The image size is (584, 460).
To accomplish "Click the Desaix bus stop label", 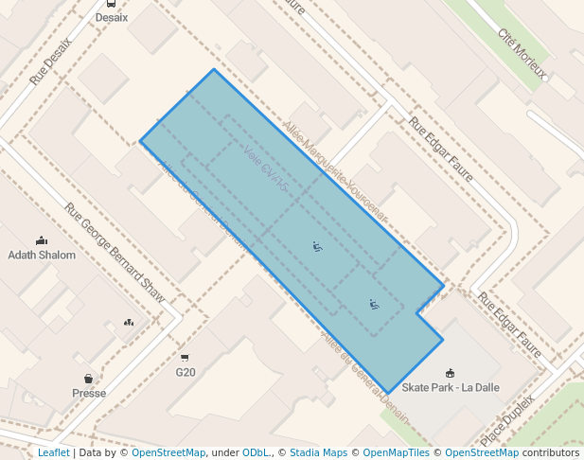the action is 112,17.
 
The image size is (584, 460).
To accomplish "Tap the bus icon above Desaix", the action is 112,4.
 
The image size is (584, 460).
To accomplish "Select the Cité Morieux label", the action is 523,47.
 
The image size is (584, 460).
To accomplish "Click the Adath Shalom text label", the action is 41,255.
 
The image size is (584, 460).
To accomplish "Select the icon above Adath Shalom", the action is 41,240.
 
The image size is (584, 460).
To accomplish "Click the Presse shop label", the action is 89,393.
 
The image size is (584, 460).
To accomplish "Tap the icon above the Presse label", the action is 88,379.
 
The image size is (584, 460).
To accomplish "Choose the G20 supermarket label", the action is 186,372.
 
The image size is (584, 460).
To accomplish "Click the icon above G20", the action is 185,358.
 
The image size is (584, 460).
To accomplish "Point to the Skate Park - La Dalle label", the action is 449,387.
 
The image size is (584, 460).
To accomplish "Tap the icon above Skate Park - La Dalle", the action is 449,373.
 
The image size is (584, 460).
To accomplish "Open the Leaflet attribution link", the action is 53,452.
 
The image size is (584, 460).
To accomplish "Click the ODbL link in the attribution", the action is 256,452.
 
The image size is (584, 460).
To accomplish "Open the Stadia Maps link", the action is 318,452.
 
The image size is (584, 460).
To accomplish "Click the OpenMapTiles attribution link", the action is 397,452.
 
